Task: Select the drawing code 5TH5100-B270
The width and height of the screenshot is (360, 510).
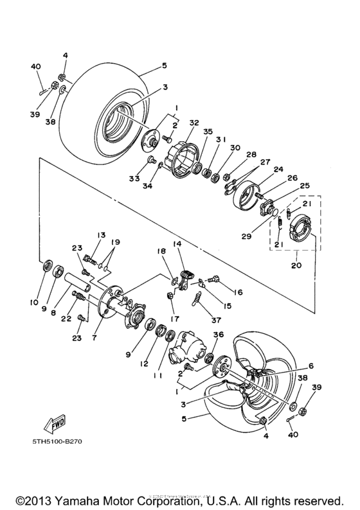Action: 59,442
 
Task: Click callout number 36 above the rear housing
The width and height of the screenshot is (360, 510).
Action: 217,335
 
